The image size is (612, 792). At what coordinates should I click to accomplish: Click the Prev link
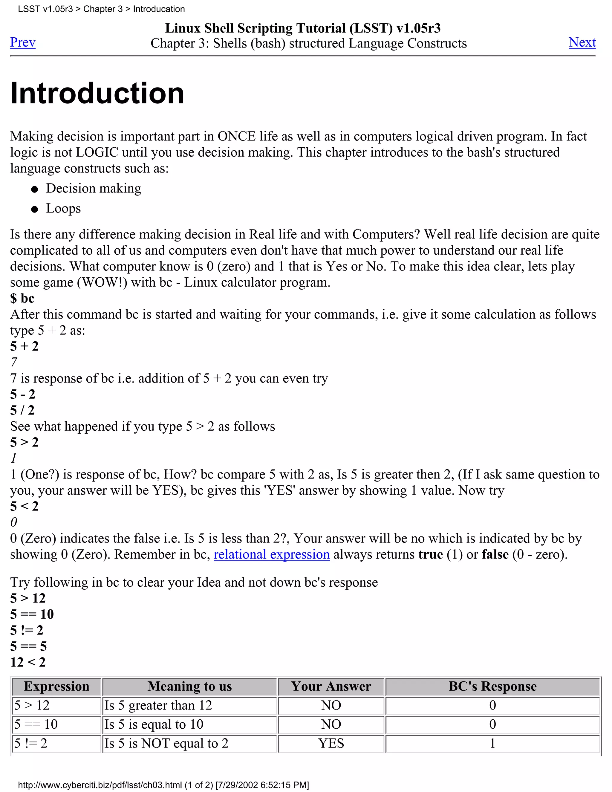22,42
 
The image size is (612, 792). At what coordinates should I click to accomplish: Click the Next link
582,42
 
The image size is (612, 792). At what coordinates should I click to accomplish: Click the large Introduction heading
97,93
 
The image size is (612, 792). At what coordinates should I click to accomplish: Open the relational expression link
272,554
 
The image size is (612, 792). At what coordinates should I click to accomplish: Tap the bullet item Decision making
94,189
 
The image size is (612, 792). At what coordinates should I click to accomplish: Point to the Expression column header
56,686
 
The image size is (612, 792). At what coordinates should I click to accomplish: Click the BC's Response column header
492,686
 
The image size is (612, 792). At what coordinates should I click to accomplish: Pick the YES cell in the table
331,743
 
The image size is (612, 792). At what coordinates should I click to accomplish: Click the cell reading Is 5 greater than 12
158,705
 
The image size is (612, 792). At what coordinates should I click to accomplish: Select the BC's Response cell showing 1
492,743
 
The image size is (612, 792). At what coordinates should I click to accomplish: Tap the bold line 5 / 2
22,410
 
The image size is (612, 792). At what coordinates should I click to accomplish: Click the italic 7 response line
14,362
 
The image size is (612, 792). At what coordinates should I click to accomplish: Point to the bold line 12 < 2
28,662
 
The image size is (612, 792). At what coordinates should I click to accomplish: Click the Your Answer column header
331,686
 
